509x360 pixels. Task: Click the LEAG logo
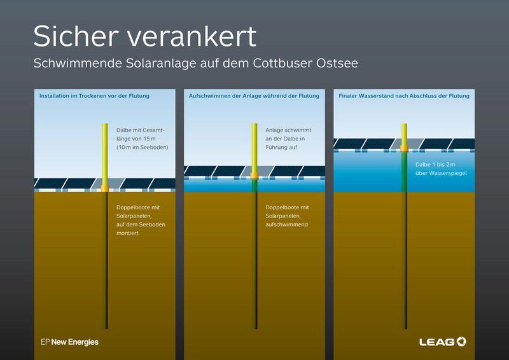pos(443,342)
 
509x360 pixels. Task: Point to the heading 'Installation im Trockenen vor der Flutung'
pos(94,96)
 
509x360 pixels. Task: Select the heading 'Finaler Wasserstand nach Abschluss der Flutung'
pos(403,96)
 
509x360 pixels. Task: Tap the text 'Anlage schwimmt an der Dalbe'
pos(288,138)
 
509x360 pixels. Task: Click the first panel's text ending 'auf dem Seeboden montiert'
pos(140,220)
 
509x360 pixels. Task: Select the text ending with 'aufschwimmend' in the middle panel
pos(287,216)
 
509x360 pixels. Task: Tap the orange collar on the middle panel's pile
pos(254,175)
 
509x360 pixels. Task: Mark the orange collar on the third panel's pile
pos(404,150)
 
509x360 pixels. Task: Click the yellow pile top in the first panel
pos(106,153)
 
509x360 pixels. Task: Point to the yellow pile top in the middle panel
pos(254,146)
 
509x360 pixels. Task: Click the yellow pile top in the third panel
pos(404,134)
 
